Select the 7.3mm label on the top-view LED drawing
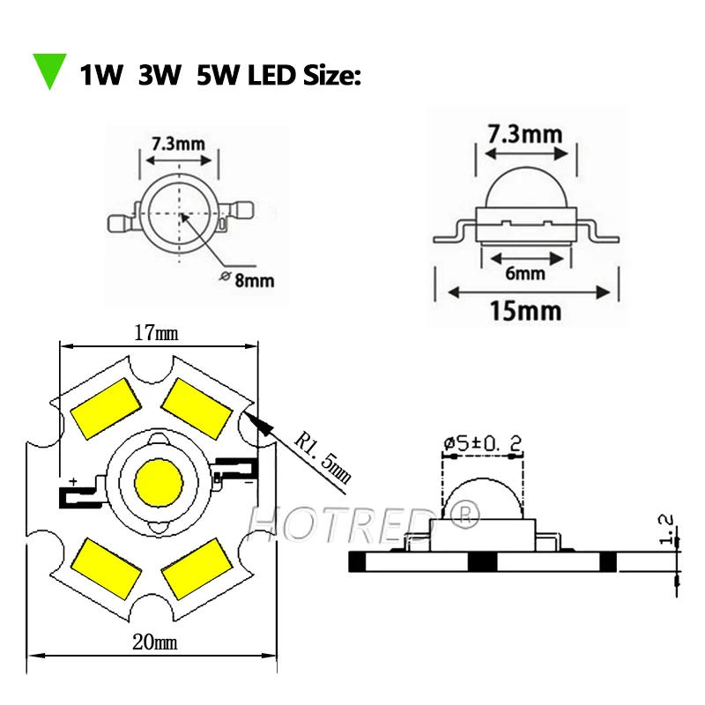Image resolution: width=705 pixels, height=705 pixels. [x=179, y=142]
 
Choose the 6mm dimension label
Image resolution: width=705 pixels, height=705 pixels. [x=525, y=273]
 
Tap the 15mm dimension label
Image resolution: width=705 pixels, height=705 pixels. [x=526, y=311]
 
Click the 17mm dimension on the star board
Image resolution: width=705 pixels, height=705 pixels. [x=155, y=333]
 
